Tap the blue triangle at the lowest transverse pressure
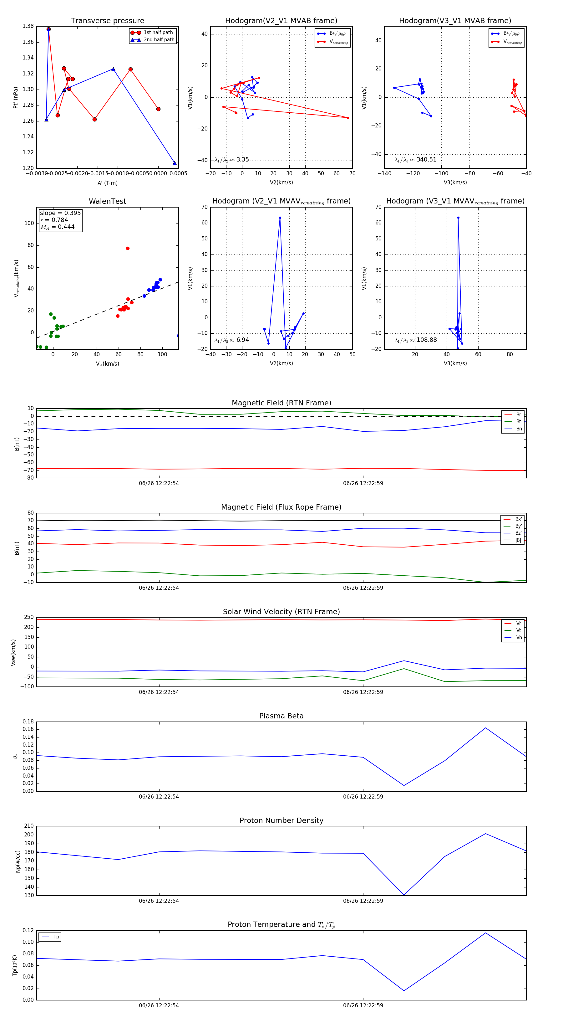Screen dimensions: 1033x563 pos(174,163)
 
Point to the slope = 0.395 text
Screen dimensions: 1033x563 pos(60,213)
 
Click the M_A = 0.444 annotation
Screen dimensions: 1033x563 pos(57,227)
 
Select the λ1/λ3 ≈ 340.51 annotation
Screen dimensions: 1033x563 pos(416,160)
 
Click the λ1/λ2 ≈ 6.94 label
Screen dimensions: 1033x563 pos(231,340)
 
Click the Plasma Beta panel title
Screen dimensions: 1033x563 pos(281,716)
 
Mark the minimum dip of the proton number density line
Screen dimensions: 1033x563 pos(404,895)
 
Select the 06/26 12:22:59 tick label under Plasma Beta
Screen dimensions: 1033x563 pos(363,796)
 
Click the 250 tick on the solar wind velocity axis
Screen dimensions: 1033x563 pos(29,617)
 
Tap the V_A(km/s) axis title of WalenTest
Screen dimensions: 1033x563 pos(107,364)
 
